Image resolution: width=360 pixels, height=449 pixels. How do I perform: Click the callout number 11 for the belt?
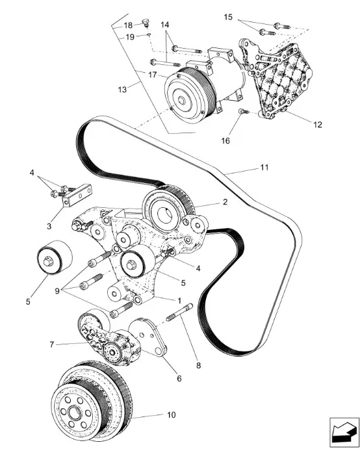[x=264, y=167]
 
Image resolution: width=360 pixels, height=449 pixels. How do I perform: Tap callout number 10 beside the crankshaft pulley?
[x=172, y=415]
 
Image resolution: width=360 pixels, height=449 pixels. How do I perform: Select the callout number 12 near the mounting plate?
[x=318, y=125]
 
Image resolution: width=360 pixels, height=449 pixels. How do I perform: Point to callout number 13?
[x=122, y=90]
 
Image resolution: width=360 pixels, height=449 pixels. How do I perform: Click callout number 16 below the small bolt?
[x=225, y=140]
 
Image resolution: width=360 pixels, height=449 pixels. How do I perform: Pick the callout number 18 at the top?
[x=128, y=25]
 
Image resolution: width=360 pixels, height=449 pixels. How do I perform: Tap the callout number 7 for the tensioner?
[x=52, y=344]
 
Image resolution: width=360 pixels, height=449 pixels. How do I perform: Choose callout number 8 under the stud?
[x=198, y=365]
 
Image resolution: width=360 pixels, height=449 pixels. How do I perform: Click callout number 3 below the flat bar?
[x=49, y=226]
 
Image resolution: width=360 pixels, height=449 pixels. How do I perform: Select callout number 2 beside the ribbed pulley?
[x=225, y=202]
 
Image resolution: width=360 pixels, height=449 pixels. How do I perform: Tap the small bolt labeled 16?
[x=244, y=111]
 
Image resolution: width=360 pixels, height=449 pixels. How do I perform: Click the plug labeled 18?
[x=146, y=22]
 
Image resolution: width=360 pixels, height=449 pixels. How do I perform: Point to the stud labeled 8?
[x=179, y=312]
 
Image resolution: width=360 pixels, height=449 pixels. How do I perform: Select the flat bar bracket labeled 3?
[x=77, y=196]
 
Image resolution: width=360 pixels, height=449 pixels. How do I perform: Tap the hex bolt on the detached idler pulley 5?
[x=47, y=262]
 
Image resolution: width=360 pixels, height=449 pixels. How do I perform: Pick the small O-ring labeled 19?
[x=149, y=34]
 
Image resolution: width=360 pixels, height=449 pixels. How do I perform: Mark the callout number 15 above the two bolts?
[x=228, y=17]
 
